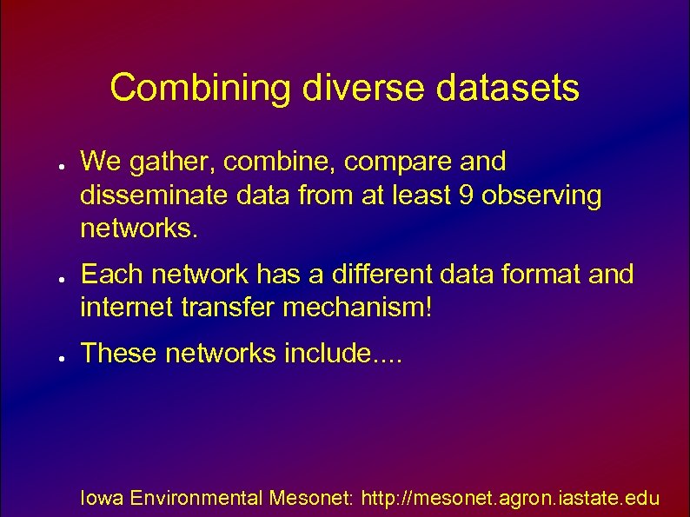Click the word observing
coord(541,196)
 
